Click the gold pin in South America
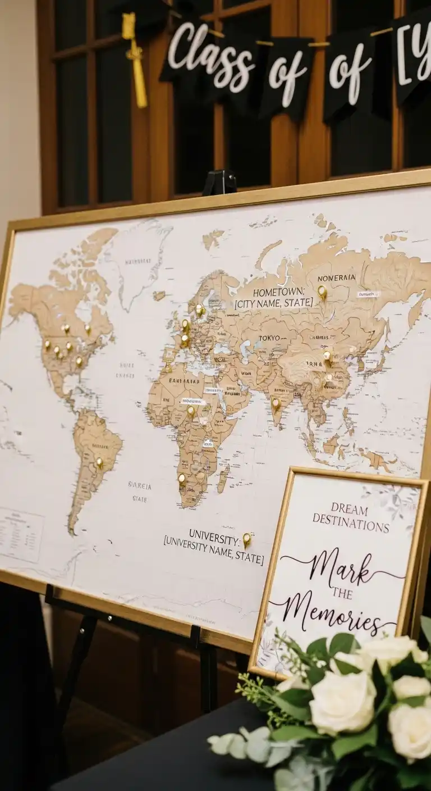pos(100,462)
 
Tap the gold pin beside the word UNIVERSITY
pos(246,539)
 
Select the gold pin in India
pos(276,403)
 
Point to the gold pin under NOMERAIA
pos(322,291)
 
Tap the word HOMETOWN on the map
pos(278,293)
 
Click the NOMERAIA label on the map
pos(336,278)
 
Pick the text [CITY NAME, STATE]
pos(274,303)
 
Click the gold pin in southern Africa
pos(181,479)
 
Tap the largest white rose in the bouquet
pos(342,702)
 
